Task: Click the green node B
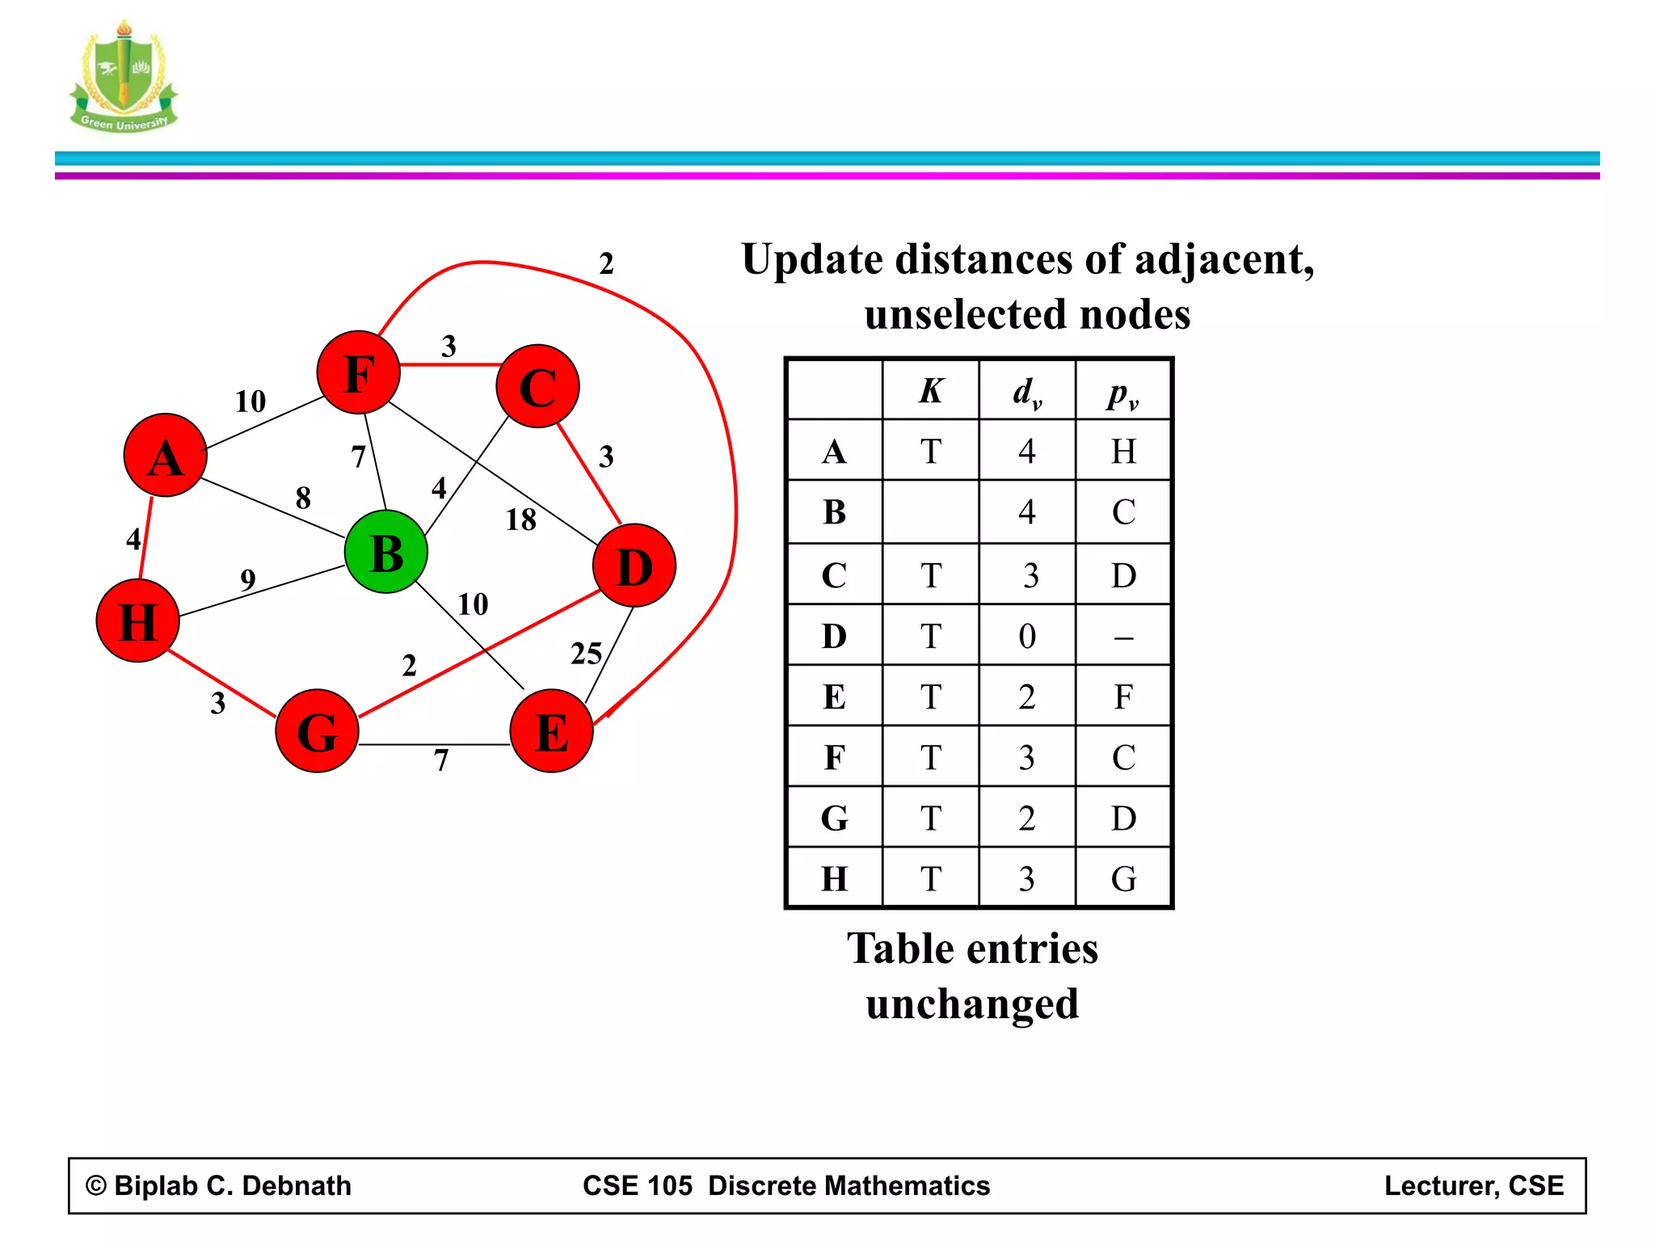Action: pos(386,553)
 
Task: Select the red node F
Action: pos(359,372)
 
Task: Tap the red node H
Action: pos(137,621)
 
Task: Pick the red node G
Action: pos(317,731)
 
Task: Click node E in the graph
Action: pos(552,731)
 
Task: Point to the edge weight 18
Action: pos(521,520)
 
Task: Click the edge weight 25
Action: pos(587,654)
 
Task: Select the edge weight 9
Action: pos(248,579)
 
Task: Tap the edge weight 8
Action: pos(303,498)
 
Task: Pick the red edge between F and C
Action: pos(449,365)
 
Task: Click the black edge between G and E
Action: pos(434,744)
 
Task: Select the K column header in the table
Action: pos(931,391)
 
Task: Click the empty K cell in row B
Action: pos(931,512)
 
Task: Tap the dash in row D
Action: pos(1123,637)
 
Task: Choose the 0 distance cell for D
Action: pos(1027,637)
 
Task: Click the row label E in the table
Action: pos(835,697)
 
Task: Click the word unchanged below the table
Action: pos(972,1004)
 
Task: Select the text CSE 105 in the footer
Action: pos(638,1185)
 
